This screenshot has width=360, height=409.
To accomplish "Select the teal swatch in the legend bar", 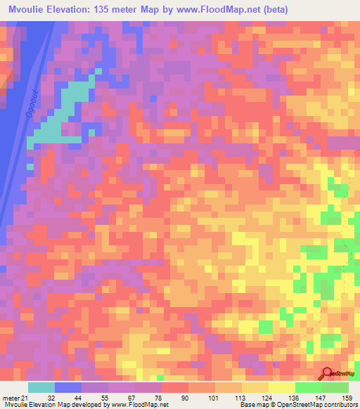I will click(x=41, y=387).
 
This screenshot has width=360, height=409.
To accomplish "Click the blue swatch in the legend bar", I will click(x=68, y=387).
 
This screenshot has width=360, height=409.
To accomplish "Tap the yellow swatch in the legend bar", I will click(x=282, y=387).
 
